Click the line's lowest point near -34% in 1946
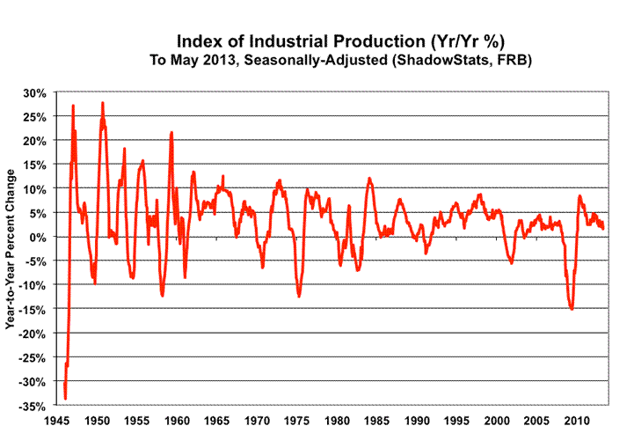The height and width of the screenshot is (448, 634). (x=65, y=398)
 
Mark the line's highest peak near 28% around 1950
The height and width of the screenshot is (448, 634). (x=102, y=103)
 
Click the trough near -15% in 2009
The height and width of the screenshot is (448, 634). (x=572, y=309)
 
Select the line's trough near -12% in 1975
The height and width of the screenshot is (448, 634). (x=299, y=296)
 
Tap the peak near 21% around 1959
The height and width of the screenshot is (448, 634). (x=171, y=133)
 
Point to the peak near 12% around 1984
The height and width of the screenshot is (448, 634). (x=369, y=179)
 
